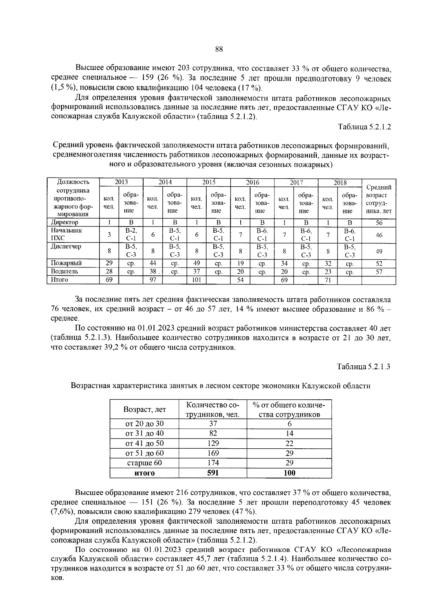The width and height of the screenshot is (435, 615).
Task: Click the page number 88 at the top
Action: (x=219, y=50)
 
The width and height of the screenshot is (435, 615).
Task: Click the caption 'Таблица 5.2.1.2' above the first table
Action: (x=364, y=127)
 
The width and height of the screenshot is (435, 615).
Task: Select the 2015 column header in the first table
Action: (x=209, y=183)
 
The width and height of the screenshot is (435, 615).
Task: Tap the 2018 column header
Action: (x=340, y=183)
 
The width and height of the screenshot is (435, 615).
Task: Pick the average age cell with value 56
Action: (x=379, y=223)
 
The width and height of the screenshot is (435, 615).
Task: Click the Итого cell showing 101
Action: (x=196, y=280)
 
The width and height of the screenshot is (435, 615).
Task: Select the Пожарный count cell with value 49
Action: (x=196, y=263)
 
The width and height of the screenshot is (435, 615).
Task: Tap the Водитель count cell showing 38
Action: (x=153, y=271)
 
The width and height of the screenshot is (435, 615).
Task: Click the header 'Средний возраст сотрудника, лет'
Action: (x=379, y=199)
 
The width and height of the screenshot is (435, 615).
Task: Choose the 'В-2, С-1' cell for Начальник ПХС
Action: (x=131, y=234)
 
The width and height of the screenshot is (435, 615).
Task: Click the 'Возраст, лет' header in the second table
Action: (x=144, y=410)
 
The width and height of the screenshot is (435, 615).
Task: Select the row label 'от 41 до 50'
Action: (x=144, y=443)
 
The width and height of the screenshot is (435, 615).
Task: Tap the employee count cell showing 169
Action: (x=213, y=453)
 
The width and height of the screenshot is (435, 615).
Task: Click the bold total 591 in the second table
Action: (x=213, y=473)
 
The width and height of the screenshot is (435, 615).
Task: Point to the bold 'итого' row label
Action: (x=144, y=473)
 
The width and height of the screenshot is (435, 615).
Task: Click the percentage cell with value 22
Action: (x=289, y=443)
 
